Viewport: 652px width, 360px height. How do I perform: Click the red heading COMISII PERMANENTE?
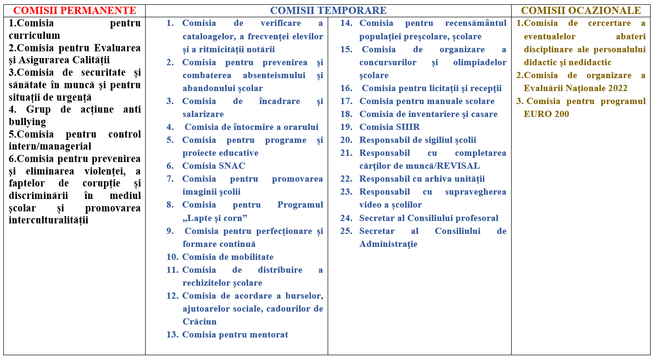[x=74, y=11]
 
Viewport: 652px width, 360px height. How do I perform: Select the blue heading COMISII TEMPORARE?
[x=328, y=11]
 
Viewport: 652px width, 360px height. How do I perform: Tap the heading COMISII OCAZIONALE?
[x=581, y=11]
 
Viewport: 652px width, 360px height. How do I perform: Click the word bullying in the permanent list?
[x=27, y=122]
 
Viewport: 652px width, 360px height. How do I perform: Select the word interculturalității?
[x=48, y=220]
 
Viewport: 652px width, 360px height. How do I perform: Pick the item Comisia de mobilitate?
[x=228, y=257]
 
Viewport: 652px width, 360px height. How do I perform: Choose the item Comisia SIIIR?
[x=389, y=127]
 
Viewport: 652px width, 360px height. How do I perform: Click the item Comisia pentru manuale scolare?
[x=427, y=101]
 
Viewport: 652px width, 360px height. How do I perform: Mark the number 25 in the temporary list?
[x=346, y=231]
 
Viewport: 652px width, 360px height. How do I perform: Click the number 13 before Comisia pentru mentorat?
[x=172, y=335]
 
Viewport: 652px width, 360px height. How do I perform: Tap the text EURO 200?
[x=547, y=114]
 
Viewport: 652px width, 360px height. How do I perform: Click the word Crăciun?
[x=199, y=322]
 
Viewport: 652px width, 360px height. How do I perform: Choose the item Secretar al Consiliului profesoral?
[x=429, y=218]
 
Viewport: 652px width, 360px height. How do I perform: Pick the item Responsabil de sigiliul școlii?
[x=418, y=140]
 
